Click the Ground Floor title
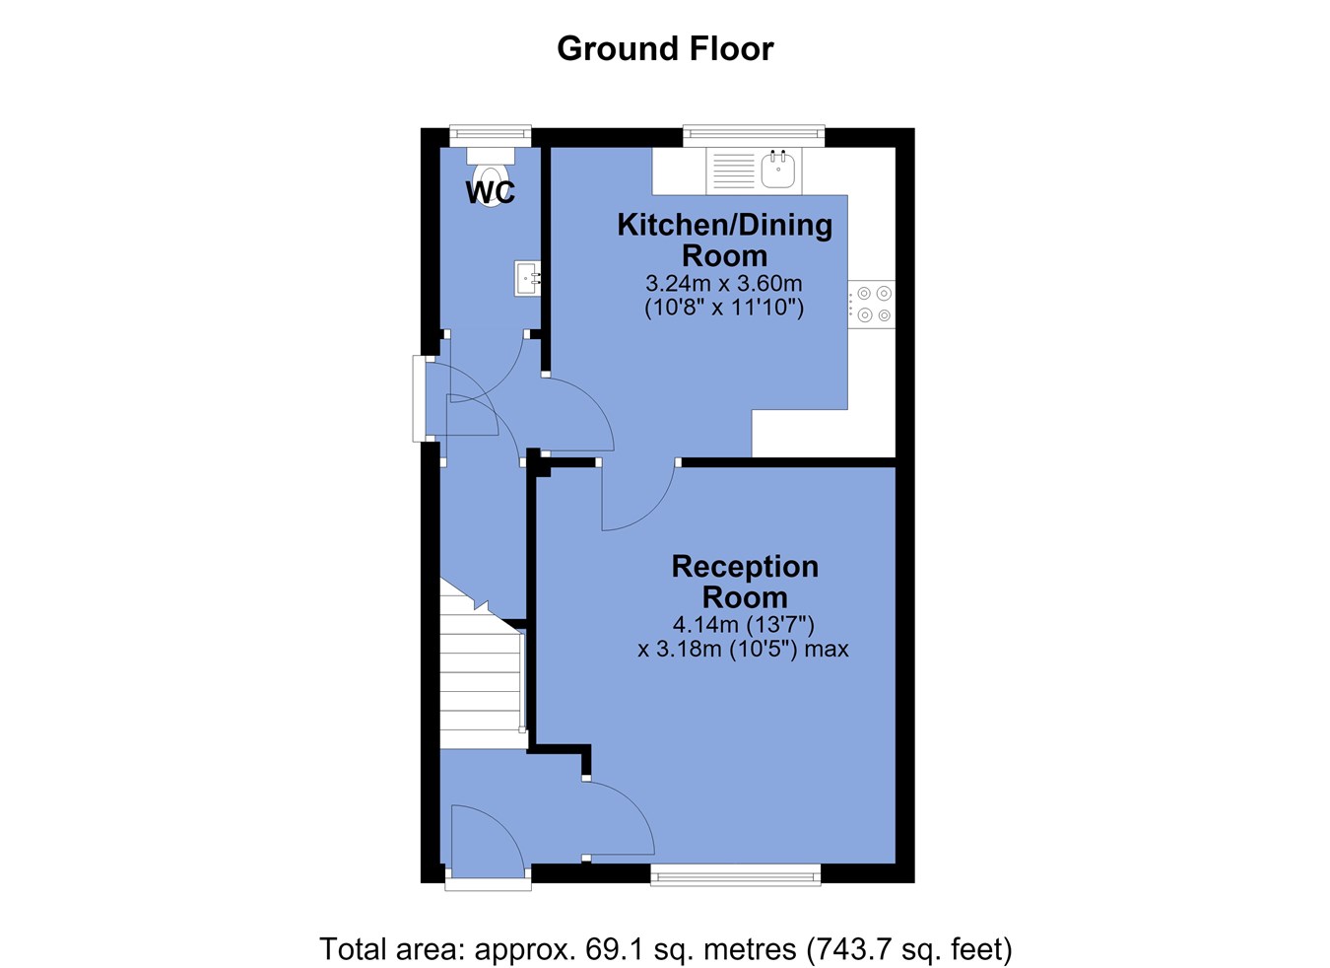(x=665, y=48)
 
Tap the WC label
(x=491, y=192)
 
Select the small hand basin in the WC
(x=528, y=278)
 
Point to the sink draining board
(x=733, y=171)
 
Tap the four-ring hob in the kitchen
(x=871, y=304)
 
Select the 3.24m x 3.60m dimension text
(x=724, y=284)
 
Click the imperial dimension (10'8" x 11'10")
(x=724, y=308)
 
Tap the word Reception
(x=745, y=566)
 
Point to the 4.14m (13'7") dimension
(x=744, y=625)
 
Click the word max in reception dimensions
(x=827, y=649)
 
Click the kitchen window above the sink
(x=754, y=136)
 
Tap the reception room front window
(x=736, y=874)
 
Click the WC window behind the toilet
(x=491, y=135)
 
